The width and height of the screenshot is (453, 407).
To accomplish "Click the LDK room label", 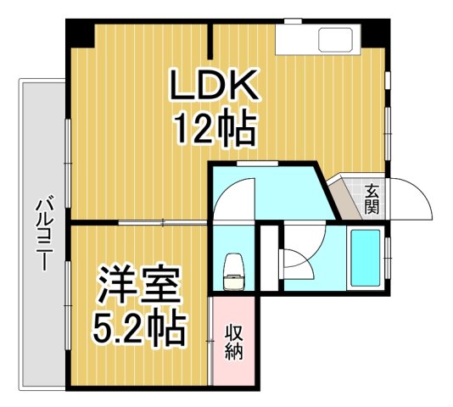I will point(213,86).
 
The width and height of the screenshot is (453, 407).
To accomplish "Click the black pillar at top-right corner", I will point(376,34).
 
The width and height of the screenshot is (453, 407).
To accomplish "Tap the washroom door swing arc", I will point(296,255).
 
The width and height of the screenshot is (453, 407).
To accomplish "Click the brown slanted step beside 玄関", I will point(344,198).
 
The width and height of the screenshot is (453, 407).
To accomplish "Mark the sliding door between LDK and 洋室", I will point(161,222).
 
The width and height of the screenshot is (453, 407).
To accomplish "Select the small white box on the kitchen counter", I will point(294,20).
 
